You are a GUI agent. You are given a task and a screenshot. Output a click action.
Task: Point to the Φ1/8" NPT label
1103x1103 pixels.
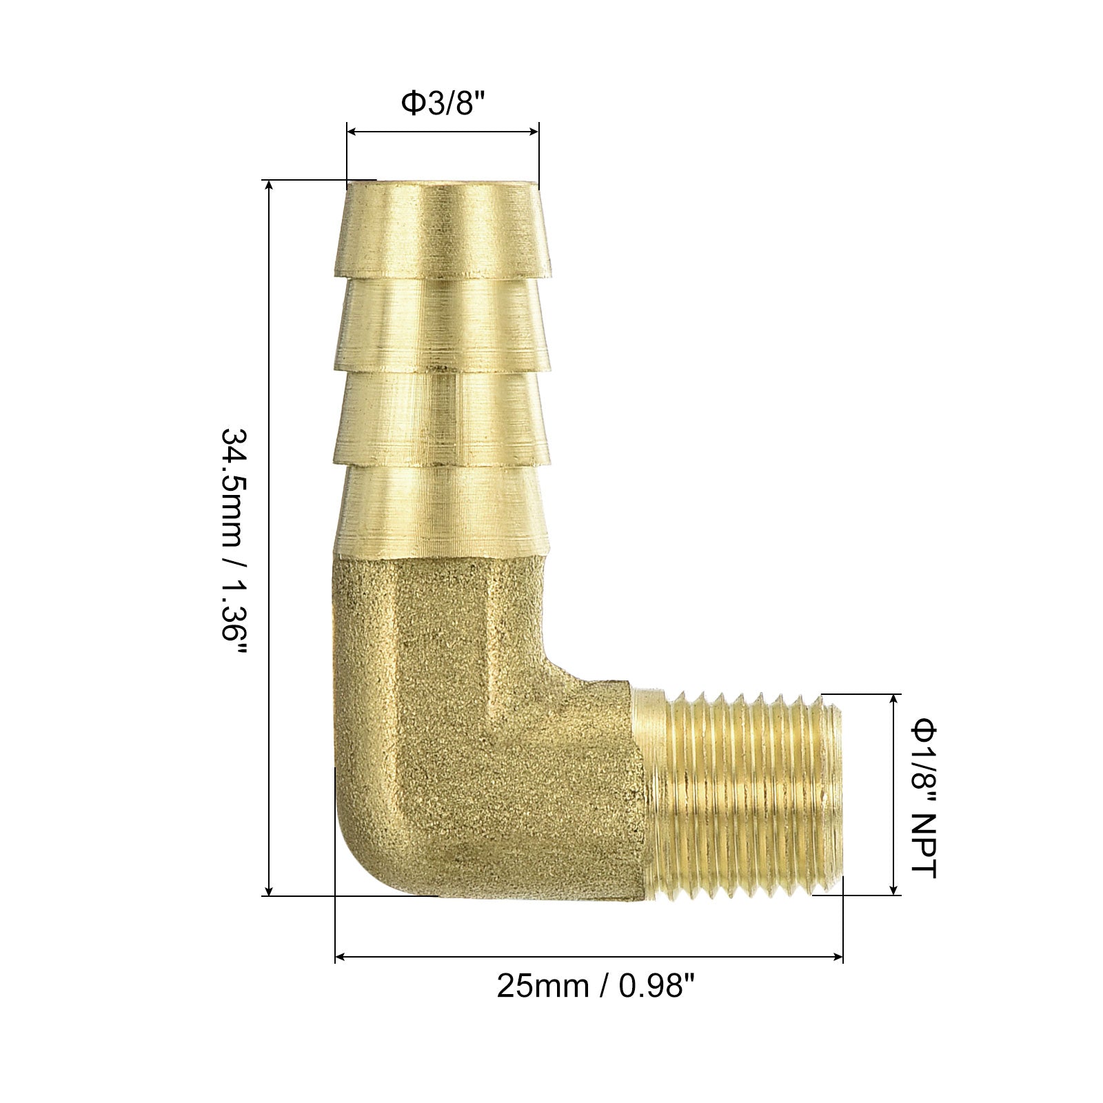pyautogui.click(x=924, y=798)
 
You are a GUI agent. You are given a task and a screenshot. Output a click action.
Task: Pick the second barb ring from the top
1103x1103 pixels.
pyautogui.click(x=443, y=323)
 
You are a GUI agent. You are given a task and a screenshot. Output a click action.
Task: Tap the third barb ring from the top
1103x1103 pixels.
pyautogui.click(x=443, y=416)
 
